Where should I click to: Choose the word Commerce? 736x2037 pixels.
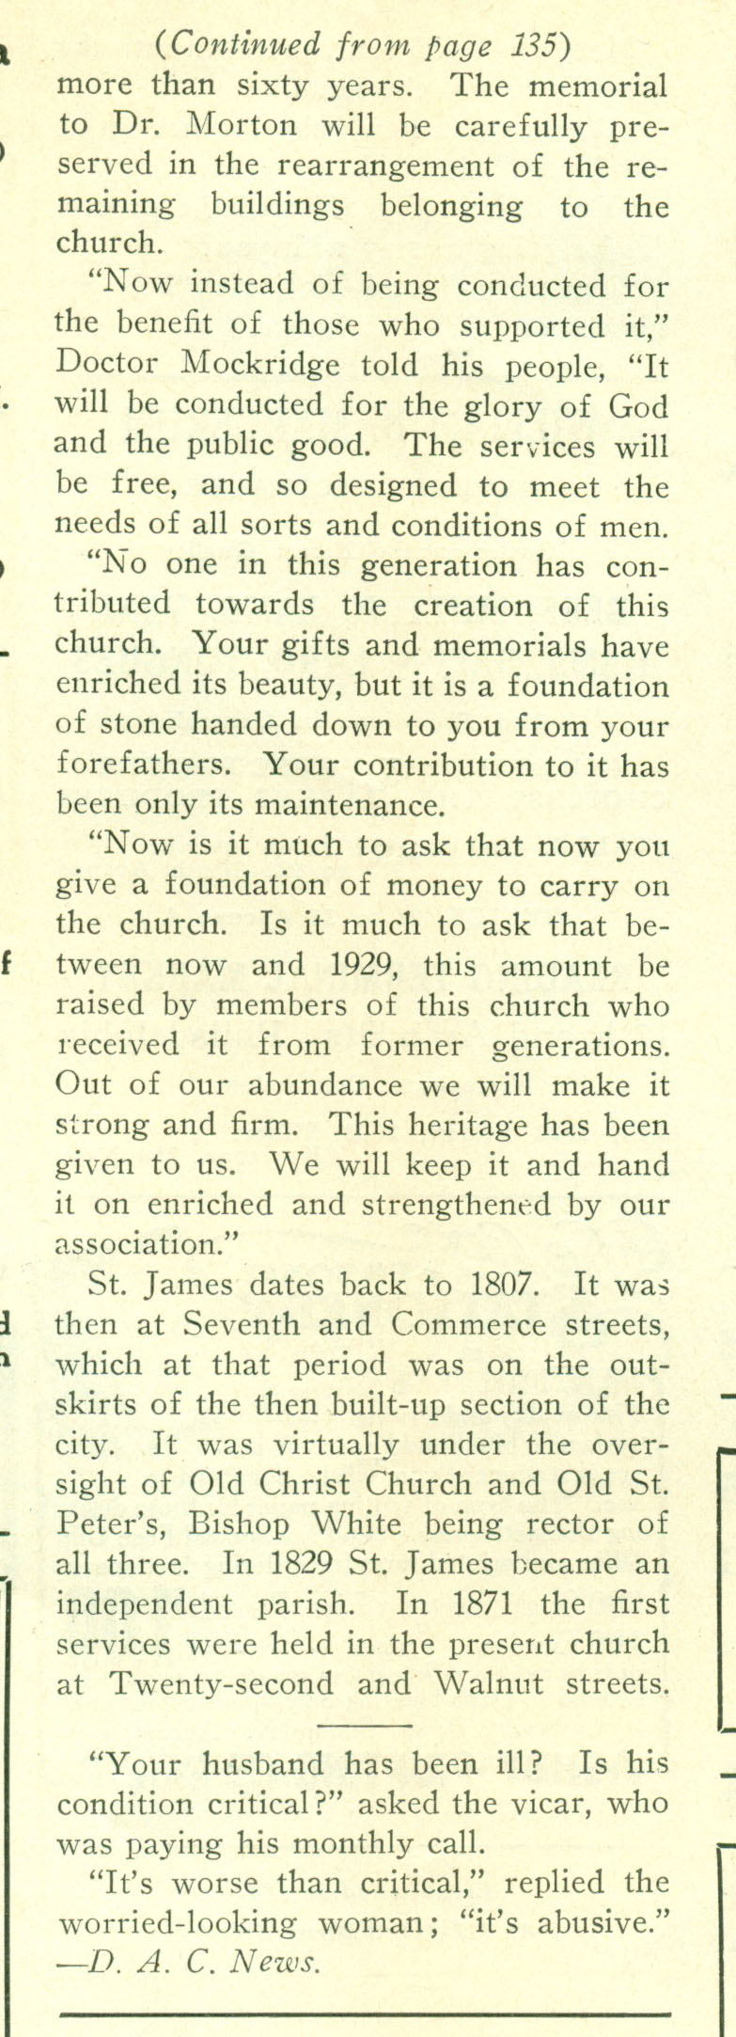pos(468,1324)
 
